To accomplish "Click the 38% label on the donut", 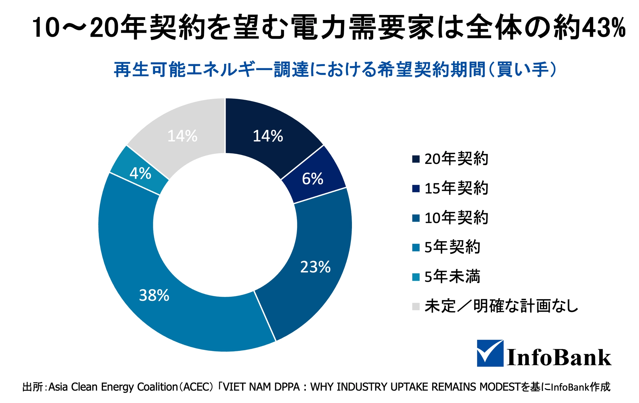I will tap(154, 295).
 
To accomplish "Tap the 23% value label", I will tap(315, 267).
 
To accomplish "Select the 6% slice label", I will tap(313, 179).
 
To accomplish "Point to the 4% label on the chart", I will tap(140, 174).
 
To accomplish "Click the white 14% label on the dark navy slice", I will tap(268, 136).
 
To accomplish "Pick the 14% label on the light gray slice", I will tap(182, 136).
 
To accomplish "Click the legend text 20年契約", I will tap(456, 159).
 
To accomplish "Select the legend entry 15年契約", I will tap(456, 188).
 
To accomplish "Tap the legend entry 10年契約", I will tap(456, 218).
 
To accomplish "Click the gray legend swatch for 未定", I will tap(416, 306).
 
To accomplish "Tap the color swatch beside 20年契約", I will tap(416, 159).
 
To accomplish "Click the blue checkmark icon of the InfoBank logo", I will tap(490, 353).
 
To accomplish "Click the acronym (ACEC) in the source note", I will tap(196, 387).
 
